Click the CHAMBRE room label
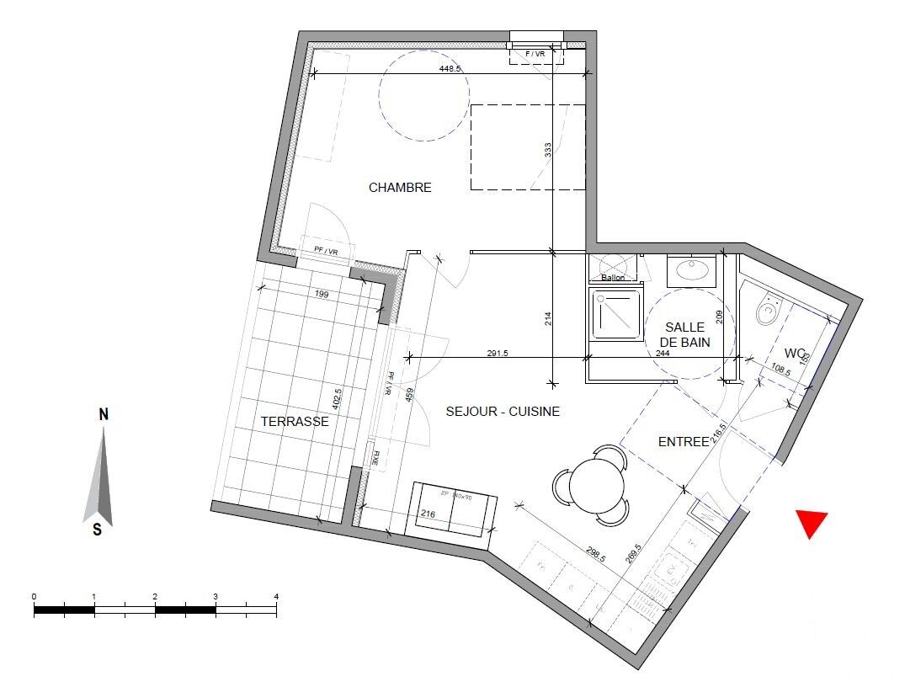point(400,188)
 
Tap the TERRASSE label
point(295,421)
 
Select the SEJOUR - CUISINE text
point(503,412)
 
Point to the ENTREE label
point(684,441)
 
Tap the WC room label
point(796,352)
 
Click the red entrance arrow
point(812,523)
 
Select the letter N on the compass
point(104,414)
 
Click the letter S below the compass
point(98,530)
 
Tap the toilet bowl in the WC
point(767,312)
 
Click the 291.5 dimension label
point(498,354)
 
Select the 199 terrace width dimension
point(320,295)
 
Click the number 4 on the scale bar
point(276,596)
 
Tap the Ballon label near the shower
point(613,278)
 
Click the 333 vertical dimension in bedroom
point(548,151)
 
